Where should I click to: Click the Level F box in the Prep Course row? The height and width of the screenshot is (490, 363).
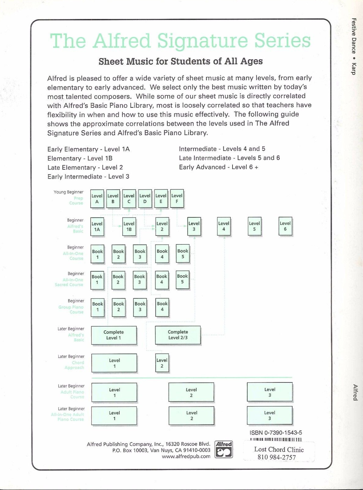tap(177, 199)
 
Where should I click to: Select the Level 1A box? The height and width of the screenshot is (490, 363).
tap(97, 227)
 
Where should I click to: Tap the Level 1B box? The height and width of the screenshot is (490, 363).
tap(129, 227)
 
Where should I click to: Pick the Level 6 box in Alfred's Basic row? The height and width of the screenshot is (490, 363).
tap(285, 226)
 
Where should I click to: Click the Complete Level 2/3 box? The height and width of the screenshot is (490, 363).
tap(178, 335)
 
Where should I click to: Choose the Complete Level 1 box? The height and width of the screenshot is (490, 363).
tap(114, 335)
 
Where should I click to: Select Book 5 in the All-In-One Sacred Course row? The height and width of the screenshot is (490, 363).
tap(182, 279)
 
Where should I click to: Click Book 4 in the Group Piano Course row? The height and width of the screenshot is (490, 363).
tap(162, 307)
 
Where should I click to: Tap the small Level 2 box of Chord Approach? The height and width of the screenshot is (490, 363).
tap(162, 363)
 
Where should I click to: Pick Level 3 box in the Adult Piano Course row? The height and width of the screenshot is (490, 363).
tap(269, 392)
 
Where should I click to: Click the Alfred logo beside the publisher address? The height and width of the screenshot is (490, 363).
tap(224, 449)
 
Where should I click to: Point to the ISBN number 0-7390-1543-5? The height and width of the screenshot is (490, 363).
tap(276, 433)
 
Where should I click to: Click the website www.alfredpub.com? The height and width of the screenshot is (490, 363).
tap(186, 456)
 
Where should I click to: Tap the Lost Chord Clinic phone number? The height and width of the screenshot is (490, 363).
tap(277, 457)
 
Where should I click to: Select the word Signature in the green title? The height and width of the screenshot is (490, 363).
tap(203, 41)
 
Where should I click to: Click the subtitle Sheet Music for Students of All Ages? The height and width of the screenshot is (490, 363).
tap(181, 61)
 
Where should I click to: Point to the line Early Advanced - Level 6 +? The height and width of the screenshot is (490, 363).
tap(218, 167)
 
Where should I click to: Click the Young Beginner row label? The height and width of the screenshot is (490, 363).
tap(68, 192)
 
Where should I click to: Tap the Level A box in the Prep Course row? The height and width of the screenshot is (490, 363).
tap(97, 199)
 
